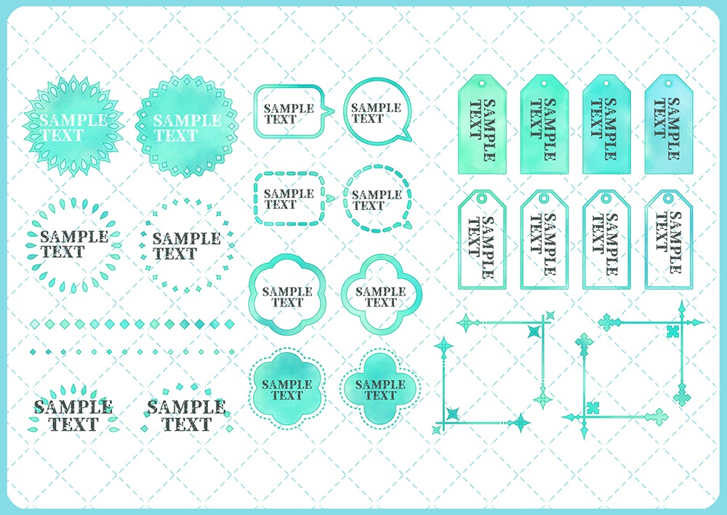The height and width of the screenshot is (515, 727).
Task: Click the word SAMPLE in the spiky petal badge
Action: (x=73, y=120)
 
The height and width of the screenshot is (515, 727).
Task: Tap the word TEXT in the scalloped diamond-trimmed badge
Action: (x=176, y=136)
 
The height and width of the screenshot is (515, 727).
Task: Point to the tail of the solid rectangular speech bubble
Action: (x=328, y=111)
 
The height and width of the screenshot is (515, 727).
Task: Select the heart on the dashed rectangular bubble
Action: (x=330, y=198)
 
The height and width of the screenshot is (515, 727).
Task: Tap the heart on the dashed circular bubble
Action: (x=406, y=226)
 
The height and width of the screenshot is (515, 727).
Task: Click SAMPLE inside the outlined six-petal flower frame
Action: (x=287, y=292)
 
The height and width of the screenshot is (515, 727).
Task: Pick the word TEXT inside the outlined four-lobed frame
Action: (x=381, y=303)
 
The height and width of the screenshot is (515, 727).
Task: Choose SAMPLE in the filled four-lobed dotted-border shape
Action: (x=381, y=384)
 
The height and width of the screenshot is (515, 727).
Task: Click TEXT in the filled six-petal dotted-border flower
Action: (x=287, y=396)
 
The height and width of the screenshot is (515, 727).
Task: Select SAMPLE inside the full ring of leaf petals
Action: (x=74, y=237)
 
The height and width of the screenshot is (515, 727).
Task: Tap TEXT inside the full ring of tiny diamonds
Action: (x=175, y=254)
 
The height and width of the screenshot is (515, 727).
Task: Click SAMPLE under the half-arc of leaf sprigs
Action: (x=73, y=407)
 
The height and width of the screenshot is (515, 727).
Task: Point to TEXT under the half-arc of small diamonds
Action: (x=186, y=424)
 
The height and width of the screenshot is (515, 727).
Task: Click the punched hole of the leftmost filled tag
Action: (x=482, y=84)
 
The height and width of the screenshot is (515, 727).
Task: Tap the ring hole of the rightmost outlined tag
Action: (x=668, y=199)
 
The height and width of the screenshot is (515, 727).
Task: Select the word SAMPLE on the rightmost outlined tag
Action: (x=675, y=242)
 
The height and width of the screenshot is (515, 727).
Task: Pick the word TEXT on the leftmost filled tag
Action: (x=475, y=119)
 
